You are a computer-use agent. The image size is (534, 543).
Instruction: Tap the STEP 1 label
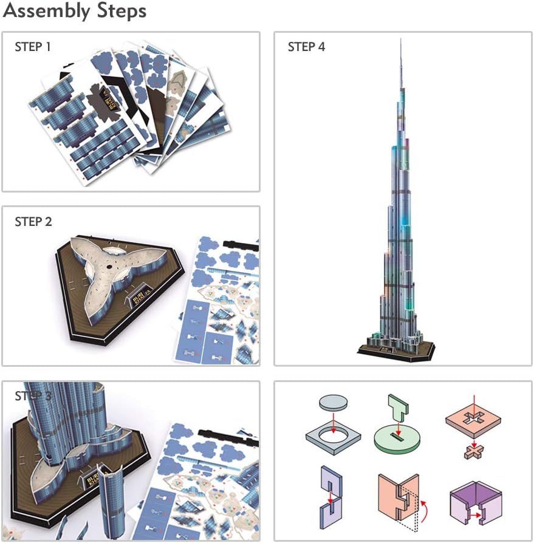(33, 47)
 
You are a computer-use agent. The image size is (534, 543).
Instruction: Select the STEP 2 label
(33, 222)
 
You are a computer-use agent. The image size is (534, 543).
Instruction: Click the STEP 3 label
(33, 396)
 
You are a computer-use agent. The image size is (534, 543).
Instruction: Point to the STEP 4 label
(306, 47)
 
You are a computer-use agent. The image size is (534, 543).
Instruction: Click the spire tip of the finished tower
(401, 41)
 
